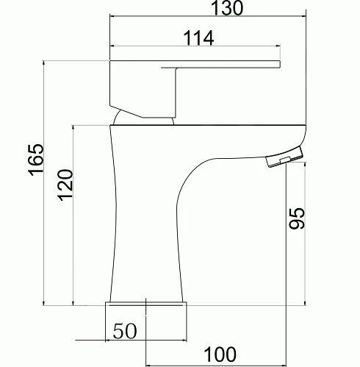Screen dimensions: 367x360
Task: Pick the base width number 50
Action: [125, 331]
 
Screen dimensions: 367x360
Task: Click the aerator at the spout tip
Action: [283, 157]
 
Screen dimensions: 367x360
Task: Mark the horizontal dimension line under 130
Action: [206, 15]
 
